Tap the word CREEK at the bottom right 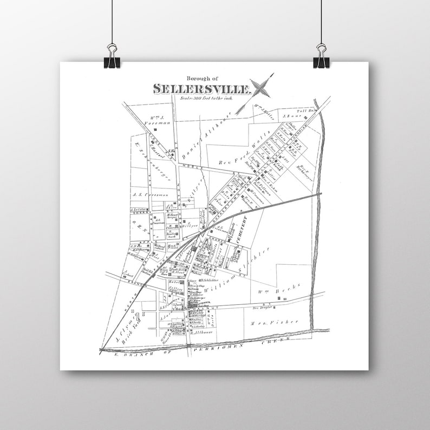(x=276, y=341)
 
